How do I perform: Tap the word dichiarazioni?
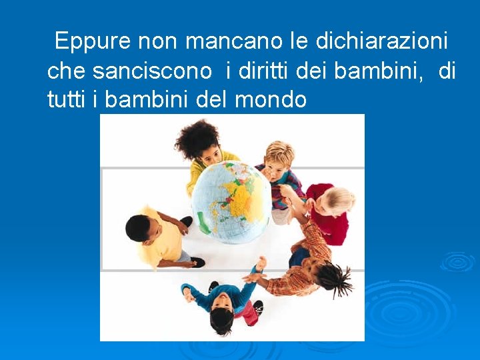tap(381, 42)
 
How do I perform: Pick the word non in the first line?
tap(157, 42)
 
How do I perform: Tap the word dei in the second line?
tap(311, 71)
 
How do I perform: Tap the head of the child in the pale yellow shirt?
tap(139, 229)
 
